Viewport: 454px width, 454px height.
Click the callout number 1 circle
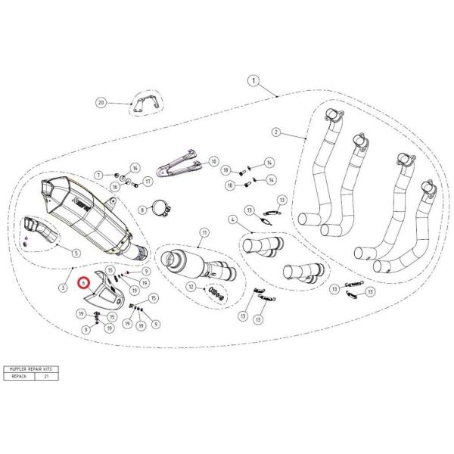pyautogui.click(x=253, y=80)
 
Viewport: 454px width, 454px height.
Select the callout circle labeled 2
pyautogui.click(x=276, y=132)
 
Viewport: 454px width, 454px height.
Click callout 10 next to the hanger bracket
pyautogui.click(x=213, y=161)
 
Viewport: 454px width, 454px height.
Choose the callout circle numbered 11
pyautogui.click(x=204, y=232)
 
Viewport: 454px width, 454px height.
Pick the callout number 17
pyautogui.click(x=148, y=181)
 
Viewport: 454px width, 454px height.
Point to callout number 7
pyautogui.click(x=98, y=175)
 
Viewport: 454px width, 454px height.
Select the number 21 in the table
pyautogui.click(x=47, y=376)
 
